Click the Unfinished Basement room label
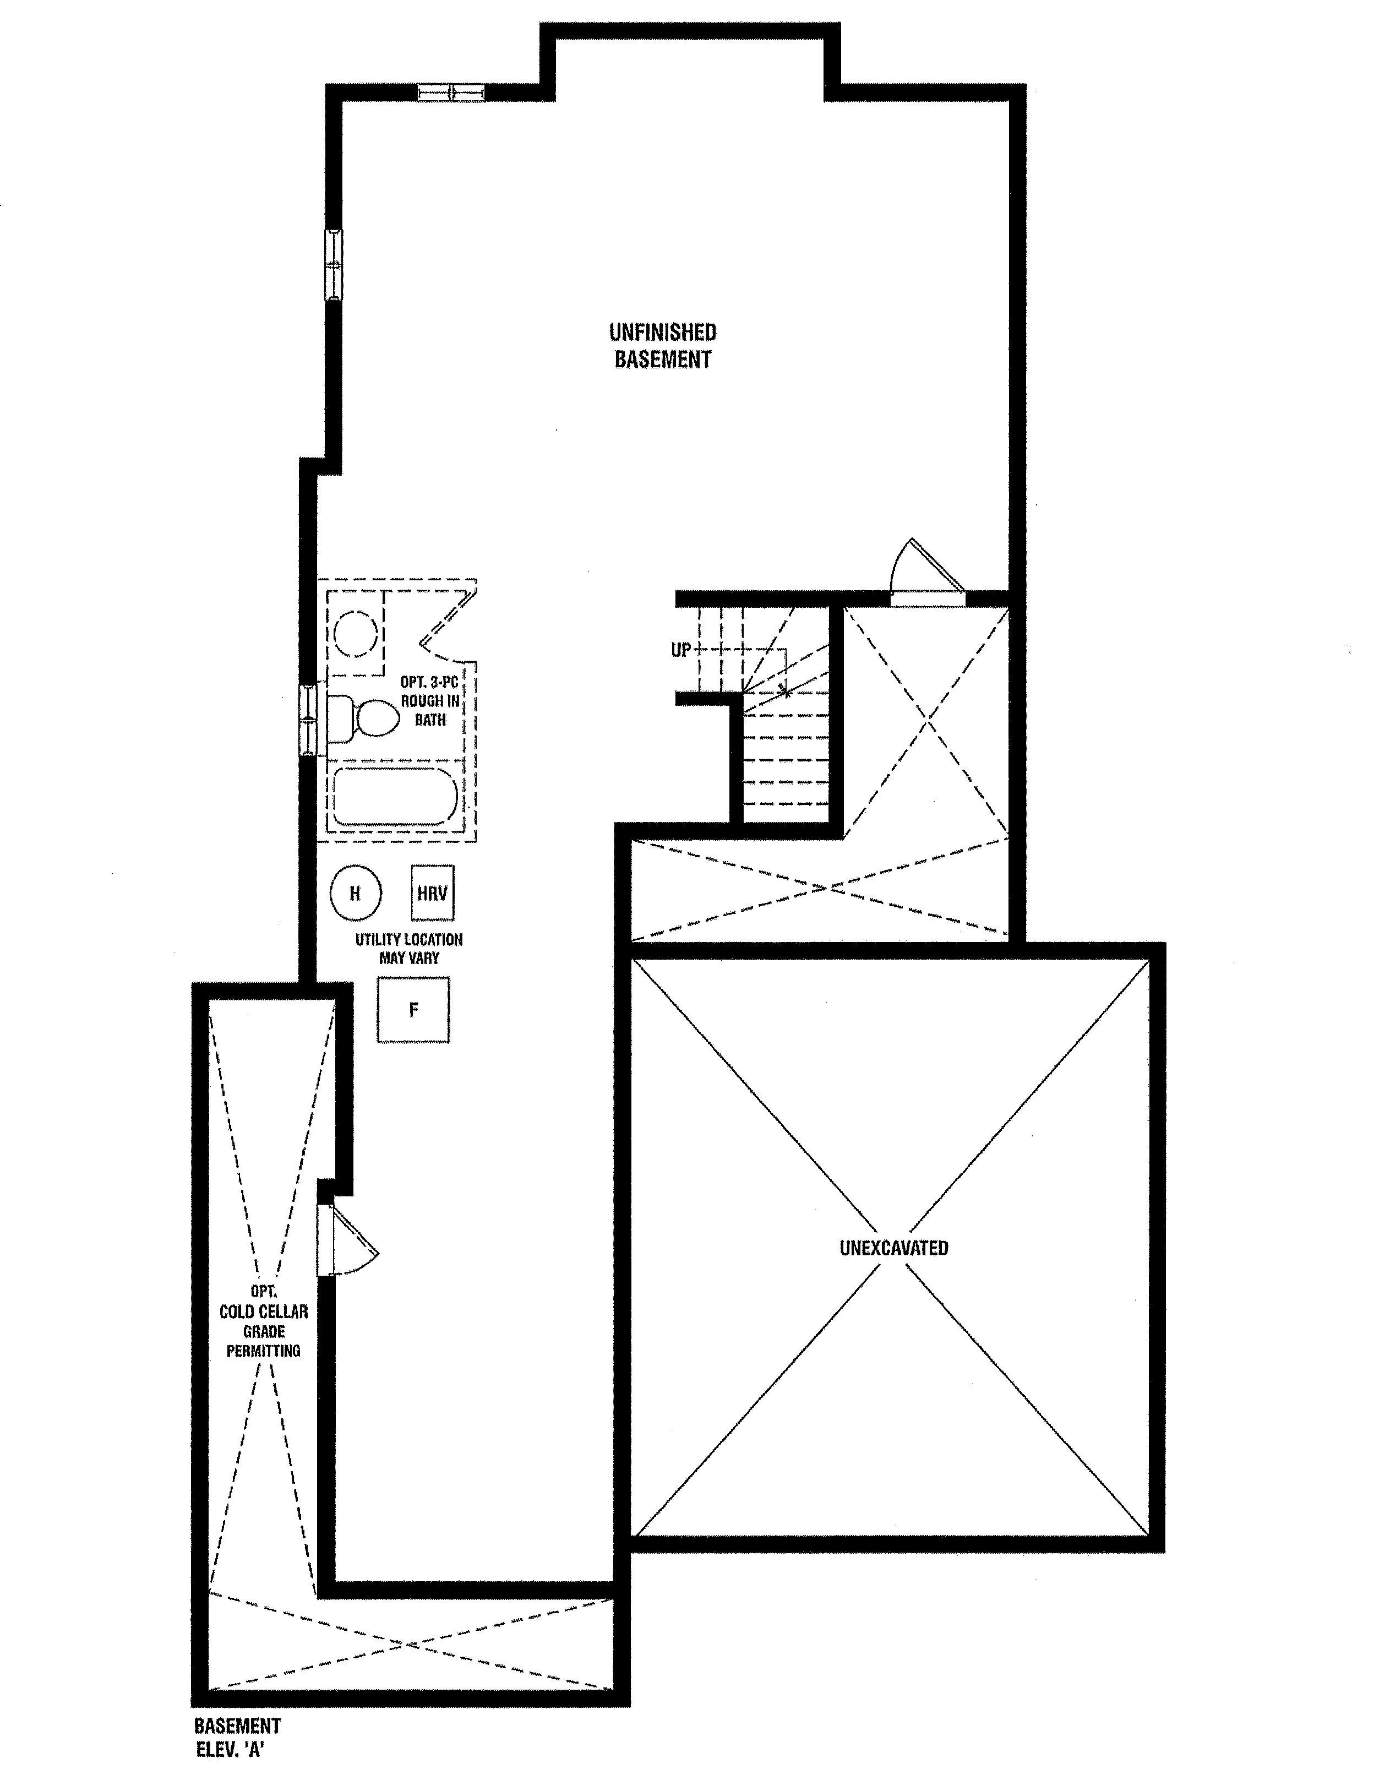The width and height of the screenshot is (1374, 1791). [x=662, y=345]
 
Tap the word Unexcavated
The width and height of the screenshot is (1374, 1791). [x=894, y=1248]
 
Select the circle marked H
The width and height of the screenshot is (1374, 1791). [x=356, y=893]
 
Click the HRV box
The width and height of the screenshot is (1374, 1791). [x=432, y=893]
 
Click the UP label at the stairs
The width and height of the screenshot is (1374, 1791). [x=681, y=650]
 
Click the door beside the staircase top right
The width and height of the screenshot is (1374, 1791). [x=928, y=573]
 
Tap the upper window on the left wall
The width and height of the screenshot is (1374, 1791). [x=334, y=264]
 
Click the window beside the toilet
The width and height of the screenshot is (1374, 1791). [x=308, y=720]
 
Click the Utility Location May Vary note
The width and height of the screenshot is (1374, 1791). [x=409, y=949]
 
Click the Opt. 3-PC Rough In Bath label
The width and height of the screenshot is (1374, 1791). [x=430, y=701]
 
